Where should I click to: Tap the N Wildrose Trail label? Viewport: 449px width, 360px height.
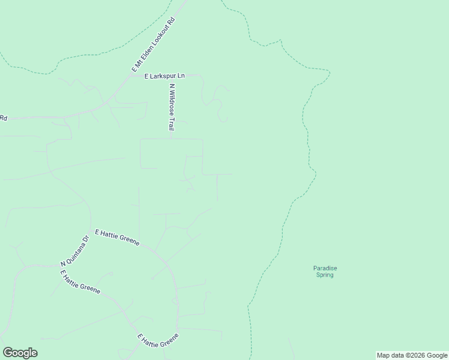tap(171, 107)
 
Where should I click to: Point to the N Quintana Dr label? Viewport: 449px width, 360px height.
tap(74, 251)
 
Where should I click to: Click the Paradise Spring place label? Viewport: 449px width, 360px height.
tap(324, 271)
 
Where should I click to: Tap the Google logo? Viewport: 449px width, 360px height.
tap(20, 353)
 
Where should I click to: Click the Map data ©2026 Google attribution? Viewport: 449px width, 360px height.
tap(412, 355)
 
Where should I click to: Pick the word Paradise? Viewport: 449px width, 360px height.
tap(324, 268)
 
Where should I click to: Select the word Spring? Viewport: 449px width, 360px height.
tap(324, 275)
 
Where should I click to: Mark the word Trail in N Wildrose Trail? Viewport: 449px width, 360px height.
tap(171, 124)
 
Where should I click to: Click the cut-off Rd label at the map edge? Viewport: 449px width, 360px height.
tap(3, 118)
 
